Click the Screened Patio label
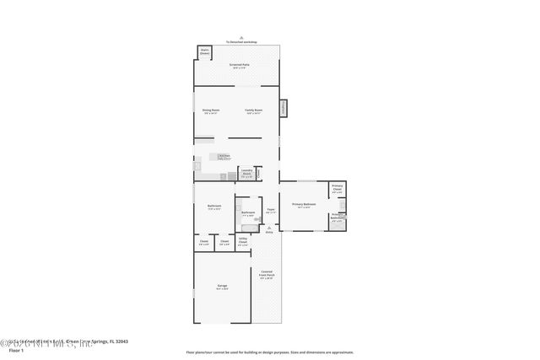point(239,65)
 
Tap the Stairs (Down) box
point(204,52)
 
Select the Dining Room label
point(210,110)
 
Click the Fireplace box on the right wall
point(283,108)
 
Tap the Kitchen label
point(224,156)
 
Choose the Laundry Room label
point(246,175)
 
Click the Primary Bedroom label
point(305,205)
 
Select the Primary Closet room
point(337,189)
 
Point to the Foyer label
point(271,210)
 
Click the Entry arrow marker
point(269,228)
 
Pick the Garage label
point(222,287)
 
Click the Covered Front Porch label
point(266,273)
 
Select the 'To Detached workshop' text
point(241,41)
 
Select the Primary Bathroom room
point(337,220)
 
